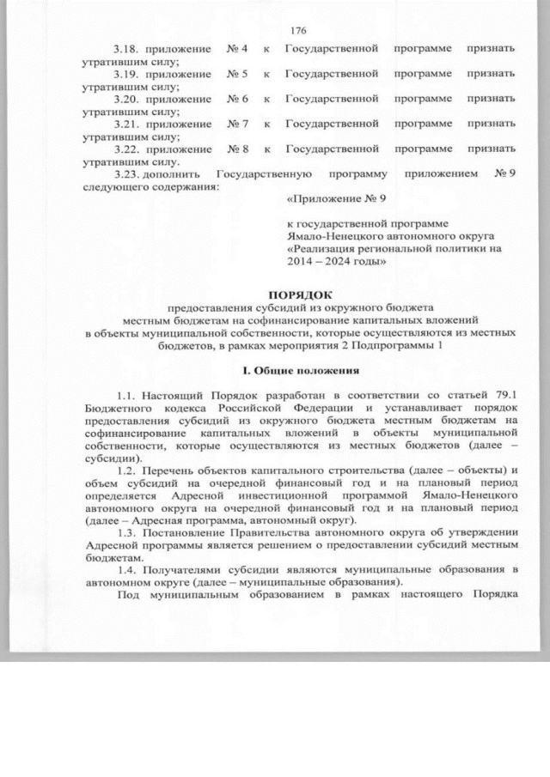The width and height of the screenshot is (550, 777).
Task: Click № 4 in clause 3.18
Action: tap(237, 48)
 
